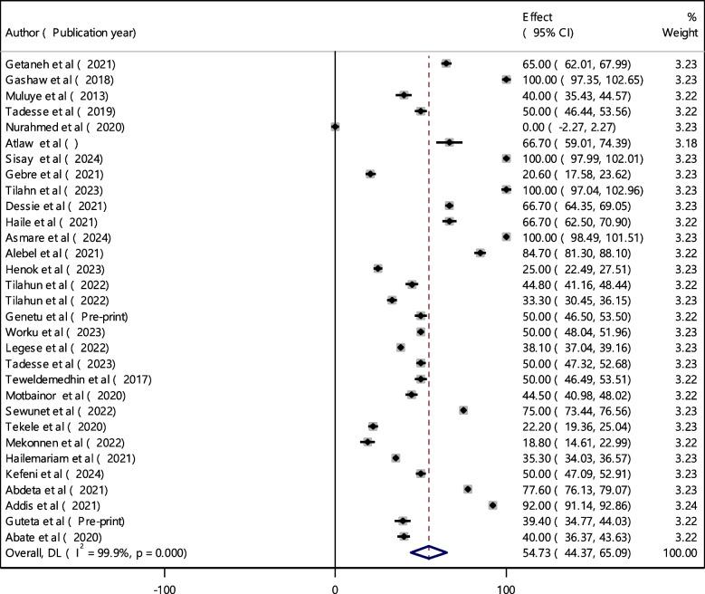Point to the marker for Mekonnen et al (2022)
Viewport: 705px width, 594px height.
pyautogui.click(x=367, y=442)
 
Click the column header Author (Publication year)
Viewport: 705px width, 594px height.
pyautogui.click(x=71, y=34)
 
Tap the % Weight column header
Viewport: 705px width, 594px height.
pyautogui.click(x=681, y=25)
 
